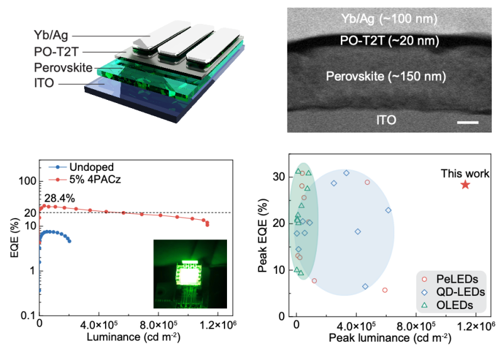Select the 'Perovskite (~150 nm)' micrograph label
(385, 77)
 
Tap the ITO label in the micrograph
(382, 119)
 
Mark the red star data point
(465, 185)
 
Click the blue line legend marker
(58, 168)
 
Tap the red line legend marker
(58, 179)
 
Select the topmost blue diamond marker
(346, 172)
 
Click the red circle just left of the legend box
(385, 290)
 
